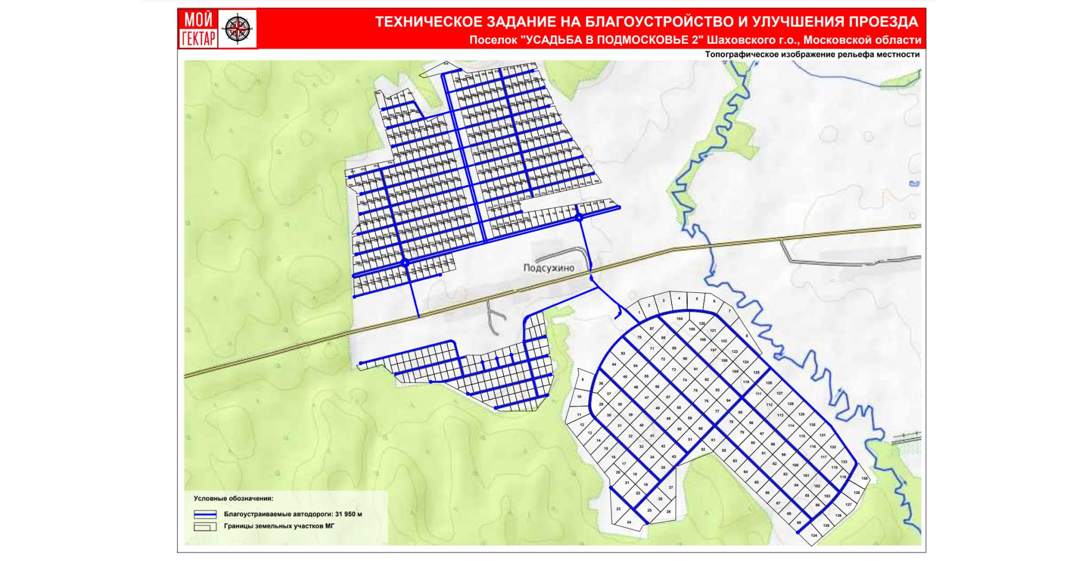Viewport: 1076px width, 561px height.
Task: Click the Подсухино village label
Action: (549, 268)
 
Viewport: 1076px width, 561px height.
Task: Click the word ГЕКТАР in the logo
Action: (198, 39)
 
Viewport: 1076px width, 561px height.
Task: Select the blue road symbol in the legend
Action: (205, 514)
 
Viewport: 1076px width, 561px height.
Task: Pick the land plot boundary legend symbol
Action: (205, 527)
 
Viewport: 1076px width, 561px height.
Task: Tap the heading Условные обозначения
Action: (233, 498)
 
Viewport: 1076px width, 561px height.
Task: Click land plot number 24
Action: (629, 522)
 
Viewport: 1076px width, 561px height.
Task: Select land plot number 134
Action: (814, 536)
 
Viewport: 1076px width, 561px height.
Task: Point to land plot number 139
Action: (865, 479)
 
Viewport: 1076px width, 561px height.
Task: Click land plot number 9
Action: (583, 380)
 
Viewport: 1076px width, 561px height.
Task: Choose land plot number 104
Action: (680, 319)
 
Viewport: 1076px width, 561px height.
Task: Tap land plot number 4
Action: (679, 298)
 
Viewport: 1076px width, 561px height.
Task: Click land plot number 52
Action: (703, 449)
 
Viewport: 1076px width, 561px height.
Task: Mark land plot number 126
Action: (769, 383)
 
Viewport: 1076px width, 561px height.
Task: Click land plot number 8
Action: (746, 336)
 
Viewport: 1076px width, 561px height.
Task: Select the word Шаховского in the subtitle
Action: (736, 40)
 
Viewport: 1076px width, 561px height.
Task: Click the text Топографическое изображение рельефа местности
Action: (812, 54)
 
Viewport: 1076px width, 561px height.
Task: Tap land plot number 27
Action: (671, 488)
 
